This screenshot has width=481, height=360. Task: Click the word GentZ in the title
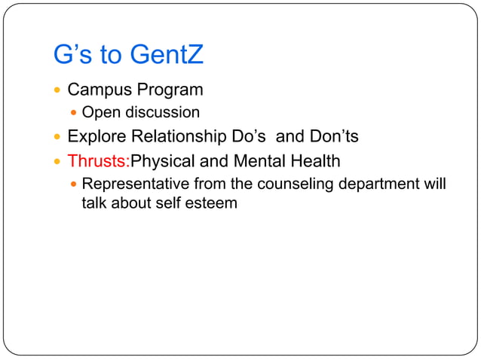(167, 55)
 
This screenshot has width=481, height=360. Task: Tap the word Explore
(96, 137)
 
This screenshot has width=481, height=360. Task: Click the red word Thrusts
(98, 161)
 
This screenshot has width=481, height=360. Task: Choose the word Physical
(162, 161)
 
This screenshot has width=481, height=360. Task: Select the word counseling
(296, 184)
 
